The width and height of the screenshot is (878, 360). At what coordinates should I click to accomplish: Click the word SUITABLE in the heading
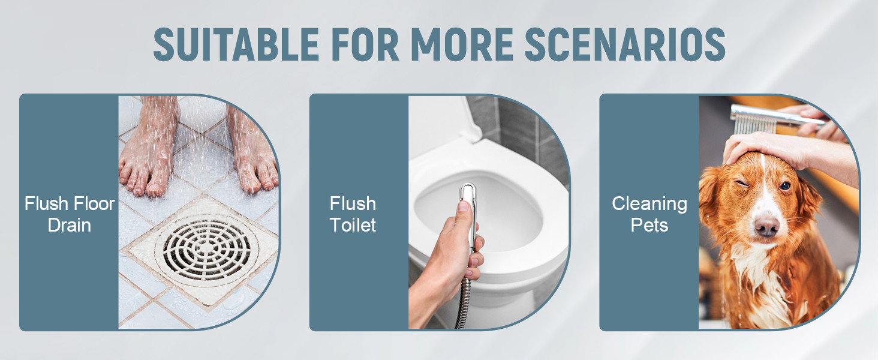[236, 44]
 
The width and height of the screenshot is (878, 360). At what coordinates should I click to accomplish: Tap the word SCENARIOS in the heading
[625, 44]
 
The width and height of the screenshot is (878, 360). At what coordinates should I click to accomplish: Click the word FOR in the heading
[365, 44]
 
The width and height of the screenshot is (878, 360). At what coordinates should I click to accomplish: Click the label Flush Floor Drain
[70, 214]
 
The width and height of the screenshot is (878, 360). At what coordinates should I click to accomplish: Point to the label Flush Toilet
[353, 214]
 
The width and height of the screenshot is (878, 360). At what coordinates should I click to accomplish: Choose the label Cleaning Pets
[650, 214]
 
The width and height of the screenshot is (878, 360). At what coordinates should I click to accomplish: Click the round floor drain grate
[206, 250]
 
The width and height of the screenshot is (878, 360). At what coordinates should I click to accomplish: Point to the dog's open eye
[785, 186]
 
